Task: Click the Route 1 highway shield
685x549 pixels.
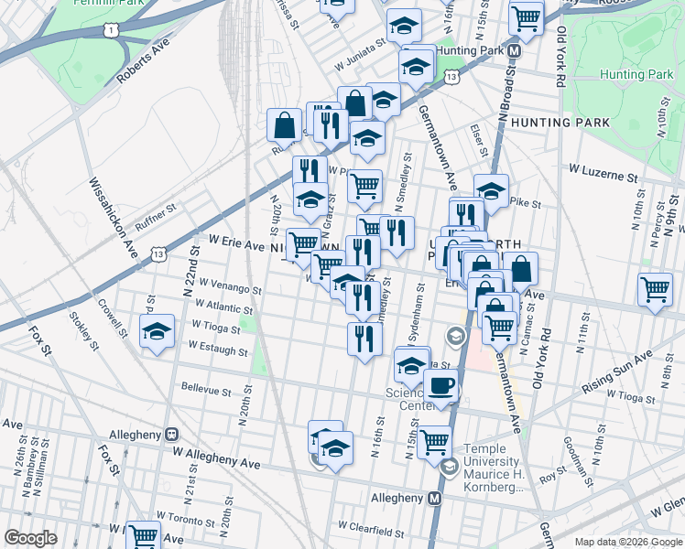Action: point(112,31)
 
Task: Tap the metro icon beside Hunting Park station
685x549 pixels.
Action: point(515,50)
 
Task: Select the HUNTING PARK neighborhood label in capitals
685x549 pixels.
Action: point(560,122)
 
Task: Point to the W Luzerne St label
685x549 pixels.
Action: point(602,171)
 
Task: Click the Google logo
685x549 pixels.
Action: point(31,538)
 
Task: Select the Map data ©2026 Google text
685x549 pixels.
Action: point(628,542)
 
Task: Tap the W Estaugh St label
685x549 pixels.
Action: point(217,349)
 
